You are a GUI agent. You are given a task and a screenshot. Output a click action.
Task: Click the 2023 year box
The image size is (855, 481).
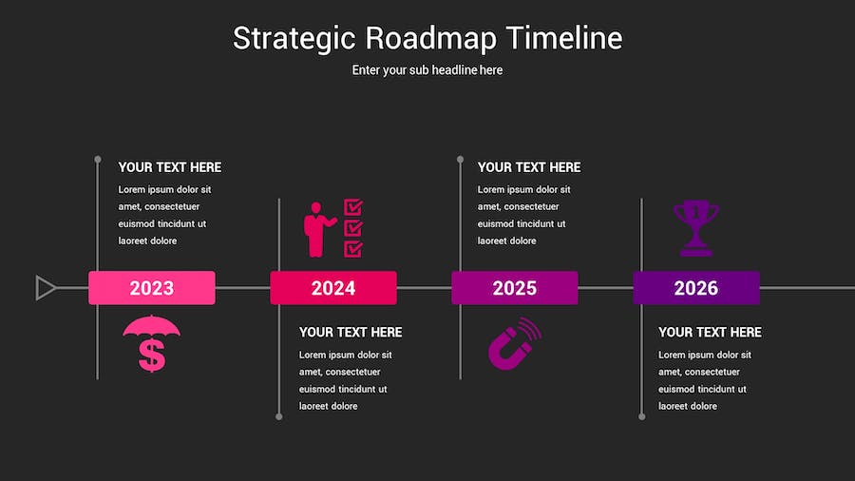pos(152,287)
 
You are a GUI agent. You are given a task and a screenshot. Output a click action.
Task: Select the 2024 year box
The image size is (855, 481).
pos(333,287)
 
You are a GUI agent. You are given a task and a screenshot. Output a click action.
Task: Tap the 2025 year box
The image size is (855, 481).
pos(515,287)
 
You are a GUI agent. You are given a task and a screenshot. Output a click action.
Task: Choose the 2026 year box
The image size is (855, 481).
pos(696,287)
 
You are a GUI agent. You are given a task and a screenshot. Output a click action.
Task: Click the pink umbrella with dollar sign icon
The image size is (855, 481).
pos(152,343)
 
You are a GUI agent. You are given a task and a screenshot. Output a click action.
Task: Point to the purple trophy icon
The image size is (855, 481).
pos(695,228)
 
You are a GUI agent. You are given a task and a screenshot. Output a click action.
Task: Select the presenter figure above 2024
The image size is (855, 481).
pos(317,230)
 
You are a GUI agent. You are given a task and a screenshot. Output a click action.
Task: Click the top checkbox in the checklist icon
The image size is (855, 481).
pos(353,207)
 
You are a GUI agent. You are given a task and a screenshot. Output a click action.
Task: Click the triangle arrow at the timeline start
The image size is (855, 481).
pos(45,288)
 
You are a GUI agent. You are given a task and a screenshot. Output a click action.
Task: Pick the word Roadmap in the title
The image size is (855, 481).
pos(430,38)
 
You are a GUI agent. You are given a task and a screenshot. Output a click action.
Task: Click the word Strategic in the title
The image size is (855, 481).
pos(294,39)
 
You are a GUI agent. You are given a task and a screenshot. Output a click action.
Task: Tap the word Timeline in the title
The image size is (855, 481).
pos(564,38)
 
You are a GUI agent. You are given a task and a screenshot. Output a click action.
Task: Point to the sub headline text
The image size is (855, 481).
pos(427,69)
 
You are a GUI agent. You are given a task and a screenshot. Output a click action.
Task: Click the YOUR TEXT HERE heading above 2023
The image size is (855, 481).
pos(170,167)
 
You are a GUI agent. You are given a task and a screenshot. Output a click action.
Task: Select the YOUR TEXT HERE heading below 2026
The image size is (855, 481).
pos(710,332)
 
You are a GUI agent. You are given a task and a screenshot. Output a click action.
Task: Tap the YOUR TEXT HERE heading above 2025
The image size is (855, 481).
pos(529,167)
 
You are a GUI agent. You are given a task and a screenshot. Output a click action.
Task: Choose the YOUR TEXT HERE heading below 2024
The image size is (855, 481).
pos(350,332)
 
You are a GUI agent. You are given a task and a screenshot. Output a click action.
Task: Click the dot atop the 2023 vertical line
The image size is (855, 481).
pos(98,160)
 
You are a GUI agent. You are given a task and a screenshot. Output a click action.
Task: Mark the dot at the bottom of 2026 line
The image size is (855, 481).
pos(642,416)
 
